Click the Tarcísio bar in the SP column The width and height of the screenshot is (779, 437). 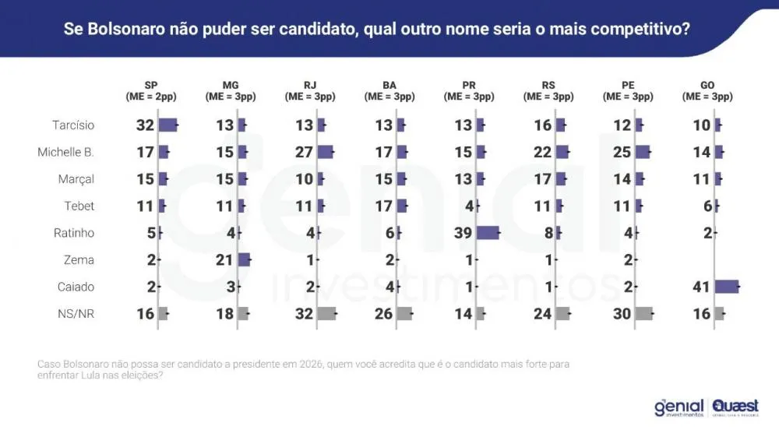point(168,125)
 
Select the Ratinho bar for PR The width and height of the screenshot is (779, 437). point(488,233)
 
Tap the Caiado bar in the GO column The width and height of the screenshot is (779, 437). point(726,287)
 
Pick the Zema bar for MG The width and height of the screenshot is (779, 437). point(245,259)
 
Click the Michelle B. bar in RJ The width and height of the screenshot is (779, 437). point(326,152)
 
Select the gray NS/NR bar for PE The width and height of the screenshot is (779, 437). point(643,313)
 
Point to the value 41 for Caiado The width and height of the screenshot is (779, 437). point(701,287)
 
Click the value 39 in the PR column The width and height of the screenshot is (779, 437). point(463,233)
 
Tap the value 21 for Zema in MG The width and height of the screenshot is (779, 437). point(224,259)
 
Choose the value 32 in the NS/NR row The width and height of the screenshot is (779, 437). point(304,313)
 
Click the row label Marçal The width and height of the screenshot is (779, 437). point(76,179)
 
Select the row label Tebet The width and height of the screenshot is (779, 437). point(79,206)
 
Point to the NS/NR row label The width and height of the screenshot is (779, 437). point(76,313)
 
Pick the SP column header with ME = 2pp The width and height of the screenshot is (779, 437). point(152,91)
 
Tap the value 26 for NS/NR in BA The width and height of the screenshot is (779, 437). point(384,313)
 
